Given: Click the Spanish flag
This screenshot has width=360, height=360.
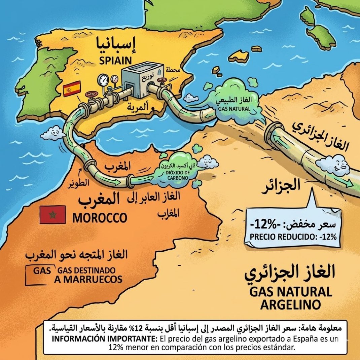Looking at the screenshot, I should [72, 88].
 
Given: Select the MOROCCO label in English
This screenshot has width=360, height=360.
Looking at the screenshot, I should [100, 218].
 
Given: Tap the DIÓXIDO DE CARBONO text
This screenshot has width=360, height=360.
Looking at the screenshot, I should [178, 175].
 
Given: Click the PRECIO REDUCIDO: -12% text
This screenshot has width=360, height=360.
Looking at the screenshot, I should [293, 236].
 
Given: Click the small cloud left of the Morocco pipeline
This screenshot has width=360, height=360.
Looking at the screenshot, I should [52, 133].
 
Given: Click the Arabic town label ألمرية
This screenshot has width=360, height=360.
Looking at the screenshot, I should [139, 107].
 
